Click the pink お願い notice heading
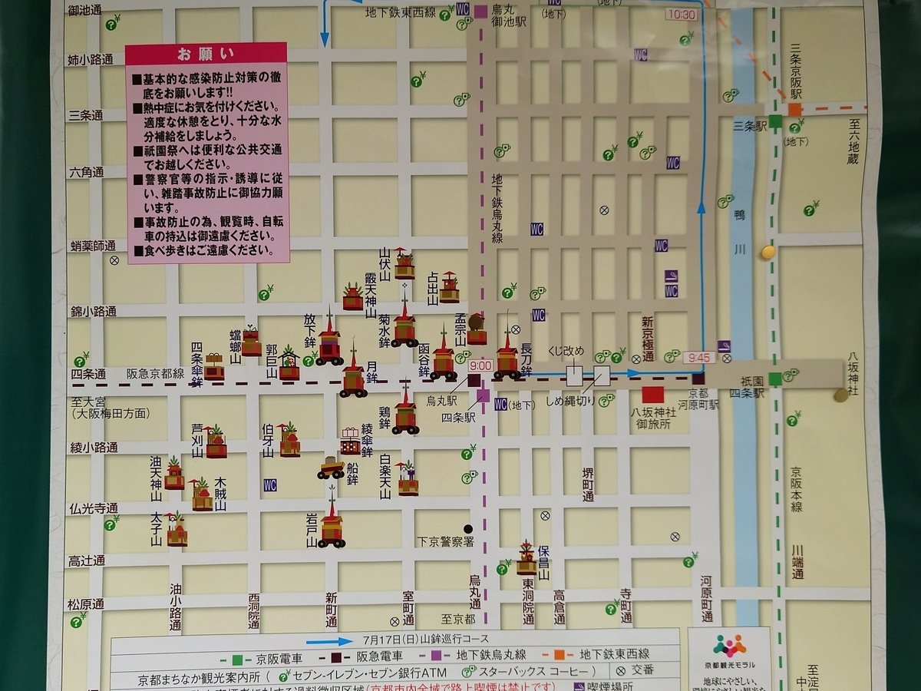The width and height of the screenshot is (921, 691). [206, 54]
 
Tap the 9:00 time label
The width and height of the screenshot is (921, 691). [480, 365]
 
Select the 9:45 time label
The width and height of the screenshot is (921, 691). [701, 358]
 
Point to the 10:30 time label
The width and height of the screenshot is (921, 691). [682, 15]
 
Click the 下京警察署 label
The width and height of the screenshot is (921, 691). [446, 541]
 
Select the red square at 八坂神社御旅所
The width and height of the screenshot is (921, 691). [652, 395]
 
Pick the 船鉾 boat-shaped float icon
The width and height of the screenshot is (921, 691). [331, 468]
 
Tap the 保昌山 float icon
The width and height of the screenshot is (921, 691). [527, 560]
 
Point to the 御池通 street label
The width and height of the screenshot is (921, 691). [84, 10]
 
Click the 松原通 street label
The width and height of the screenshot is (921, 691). [84, 603]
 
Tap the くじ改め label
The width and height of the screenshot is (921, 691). [566, 352]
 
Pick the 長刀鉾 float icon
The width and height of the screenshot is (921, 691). [507, 357]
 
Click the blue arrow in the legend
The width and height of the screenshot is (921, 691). [331, 640]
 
